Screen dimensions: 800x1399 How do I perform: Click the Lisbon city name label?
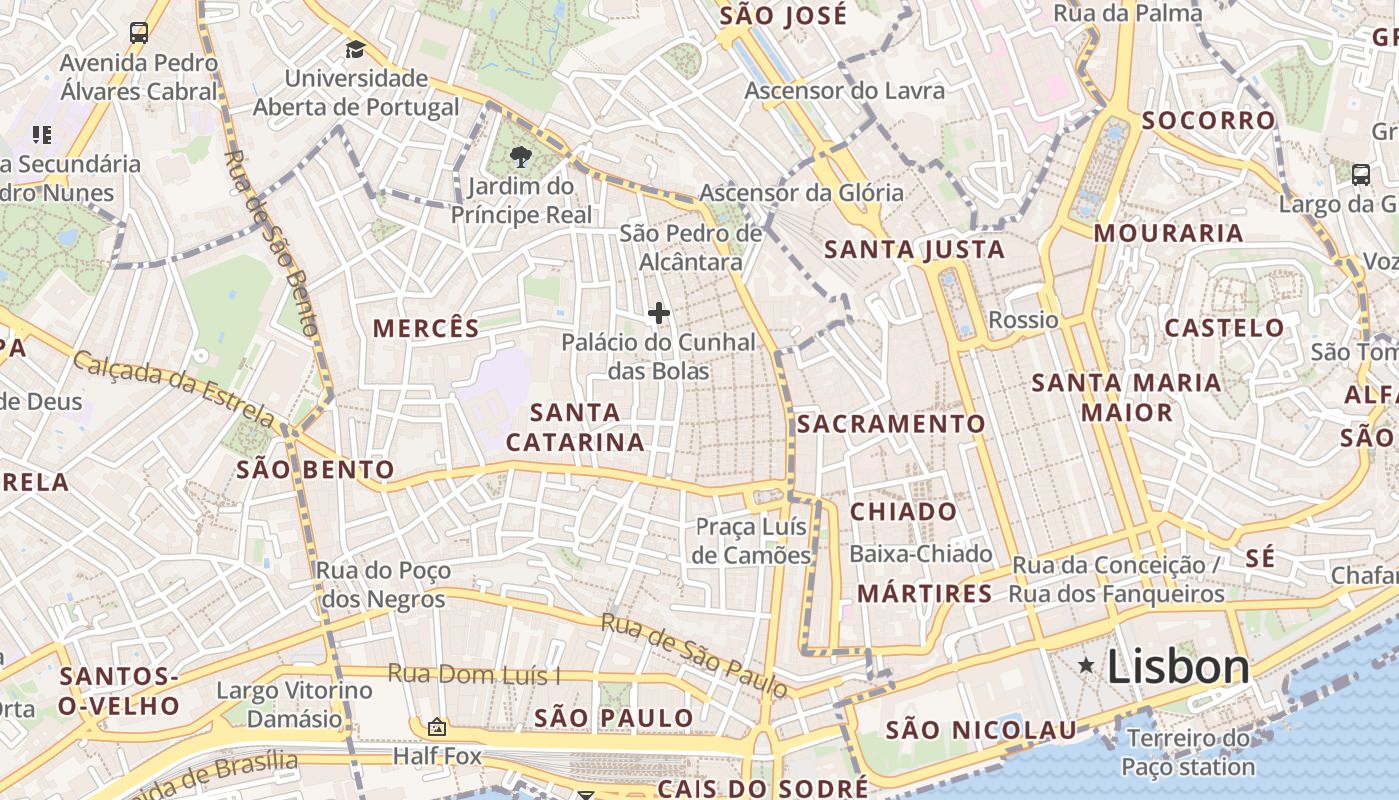1178,668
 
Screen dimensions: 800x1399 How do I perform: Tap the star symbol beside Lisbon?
1086,666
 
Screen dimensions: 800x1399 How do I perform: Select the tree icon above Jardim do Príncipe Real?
520,156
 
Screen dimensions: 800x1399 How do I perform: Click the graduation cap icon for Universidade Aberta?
355,49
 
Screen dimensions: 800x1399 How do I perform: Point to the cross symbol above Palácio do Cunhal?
658,313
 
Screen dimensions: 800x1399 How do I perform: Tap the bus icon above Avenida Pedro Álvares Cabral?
139,33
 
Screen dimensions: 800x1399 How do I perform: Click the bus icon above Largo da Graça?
1360,175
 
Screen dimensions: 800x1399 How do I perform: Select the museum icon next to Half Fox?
436,727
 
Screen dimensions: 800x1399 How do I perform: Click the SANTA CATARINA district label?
575,427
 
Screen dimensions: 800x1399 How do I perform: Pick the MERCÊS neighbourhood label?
426,328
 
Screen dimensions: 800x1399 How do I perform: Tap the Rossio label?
1023,320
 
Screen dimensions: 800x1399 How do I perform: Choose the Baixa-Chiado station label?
921,554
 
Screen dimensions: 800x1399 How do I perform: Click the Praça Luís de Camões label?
752,541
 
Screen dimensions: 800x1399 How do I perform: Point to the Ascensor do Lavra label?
844,91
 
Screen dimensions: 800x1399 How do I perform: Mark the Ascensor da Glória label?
801,192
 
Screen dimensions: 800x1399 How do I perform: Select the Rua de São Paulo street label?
694,655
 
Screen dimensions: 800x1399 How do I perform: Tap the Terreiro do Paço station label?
1188,753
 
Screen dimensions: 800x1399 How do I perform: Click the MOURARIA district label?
1168,234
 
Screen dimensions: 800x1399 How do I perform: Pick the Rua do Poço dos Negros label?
383,585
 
